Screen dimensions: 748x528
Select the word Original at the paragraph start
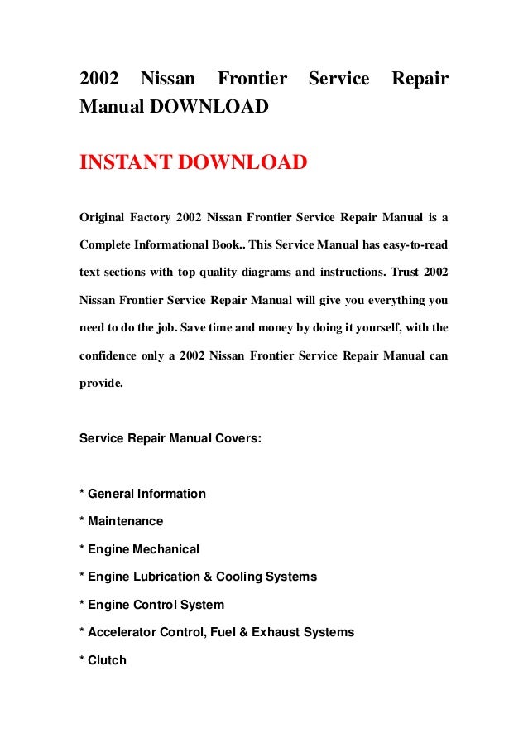point(100,218)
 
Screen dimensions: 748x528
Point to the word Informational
point(182,246)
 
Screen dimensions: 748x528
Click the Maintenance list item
point(125,521)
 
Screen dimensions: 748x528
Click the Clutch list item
point(107,660)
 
